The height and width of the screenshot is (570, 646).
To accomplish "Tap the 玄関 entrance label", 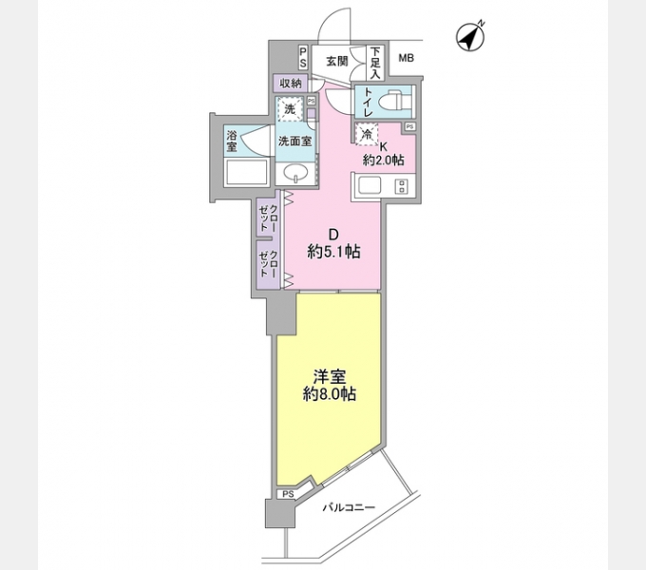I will pyautogui.click(x=336, y=61).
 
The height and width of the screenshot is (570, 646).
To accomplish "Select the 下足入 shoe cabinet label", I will pyautogui.click(x=375, y=62).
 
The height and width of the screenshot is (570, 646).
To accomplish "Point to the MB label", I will pyautogui.click(x=406, y=59).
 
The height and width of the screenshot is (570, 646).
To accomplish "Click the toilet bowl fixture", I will pyautogui.click(x=392, y=99).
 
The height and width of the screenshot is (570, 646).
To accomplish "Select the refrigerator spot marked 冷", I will pyautogui.click(x=367, y=136).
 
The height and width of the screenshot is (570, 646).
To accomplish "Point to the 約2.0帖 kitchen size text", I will pyautogui.click(x=383, y=161).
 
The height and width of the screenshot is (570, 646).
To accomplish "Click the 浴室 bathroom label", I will pyautogui.click(x=232, y=141).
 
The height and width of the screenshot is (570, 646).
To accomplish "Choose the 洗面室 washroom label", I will pyautogui.click(x=295, y=142).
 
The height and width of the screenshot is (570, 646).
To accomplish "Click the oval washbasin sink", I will pyautogui.click(x=295, y=173).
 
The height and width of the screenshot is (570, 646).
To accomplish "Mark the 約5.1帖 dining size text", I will pyautogui.click(x=332, y=252).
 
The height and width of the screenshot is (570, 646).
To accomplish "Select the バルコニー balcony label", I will pyautogui.click(x=348, y=507).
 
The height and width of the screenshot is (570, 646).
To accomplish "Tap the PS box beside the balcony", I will pyautogui.click(x=287, y=494).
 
